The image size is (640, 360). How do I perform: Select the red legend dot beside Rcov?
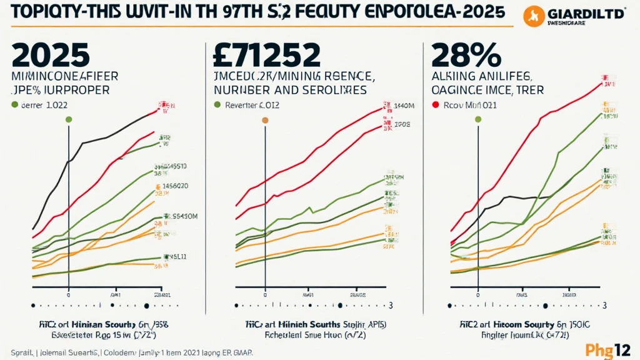pos(436,106)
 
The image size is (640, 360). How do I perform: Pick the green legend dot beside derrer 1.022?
pos(14,106)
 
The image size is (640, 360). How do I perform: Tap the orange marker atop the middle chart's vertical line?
pos(265,119)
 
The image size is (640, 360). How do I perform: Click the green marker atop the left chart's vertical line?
pos(68,119)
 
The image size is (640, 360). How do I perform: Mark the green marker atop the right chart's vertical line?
pos(478,119)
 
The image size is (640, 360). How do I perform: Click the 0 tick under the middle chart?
pos(265,293)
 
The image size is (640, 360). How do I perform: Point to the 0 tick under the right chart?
pos(478,293)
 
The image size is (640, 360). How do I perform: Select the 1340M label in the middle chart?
pos(405,106)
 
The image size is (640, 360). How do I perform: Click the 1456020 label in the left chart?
pos(176,186)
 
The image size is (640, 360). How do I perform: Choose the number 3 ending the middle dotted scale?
pos(391,306)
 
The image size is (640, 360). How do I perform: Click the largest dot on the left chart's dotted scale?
pos(147,306)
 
